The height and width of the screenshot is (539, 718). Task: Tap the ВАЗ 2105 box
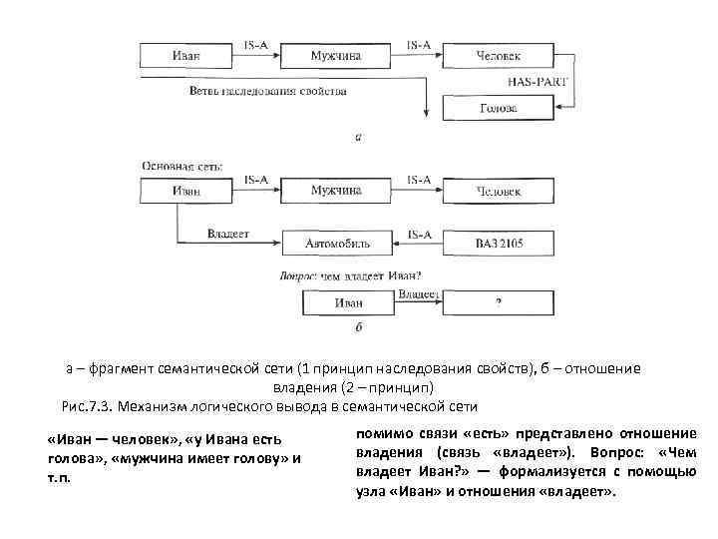[499, 243]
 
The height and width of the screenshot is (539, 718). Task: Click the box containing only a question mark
[499, 302]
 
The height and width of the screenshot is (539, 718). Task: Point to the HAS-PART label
[537, 81]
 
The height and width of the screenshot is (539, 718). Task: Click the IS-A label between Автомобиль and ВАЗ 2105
[418, 234]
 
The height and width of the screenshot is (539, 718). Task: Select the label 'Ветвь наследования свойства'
[267, 91]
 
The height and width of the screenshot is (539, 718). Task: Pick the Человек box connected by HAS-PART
[499, 56]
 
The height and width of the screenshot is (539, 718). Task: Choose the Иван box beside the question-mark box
[348, 302]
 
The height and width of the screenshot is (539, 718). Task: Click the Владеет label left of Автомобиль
[228, 234]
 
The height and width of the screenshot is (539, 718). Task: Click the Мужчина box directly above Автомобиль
[335, 190]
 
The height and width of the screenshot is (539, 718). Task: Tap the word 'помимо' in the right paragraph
[380, 432]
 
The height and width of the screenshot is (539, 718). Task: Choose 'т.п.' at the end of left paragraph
[60, 477]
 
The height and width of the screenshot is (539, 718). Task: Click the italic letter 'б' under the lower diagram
[357, 326]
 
